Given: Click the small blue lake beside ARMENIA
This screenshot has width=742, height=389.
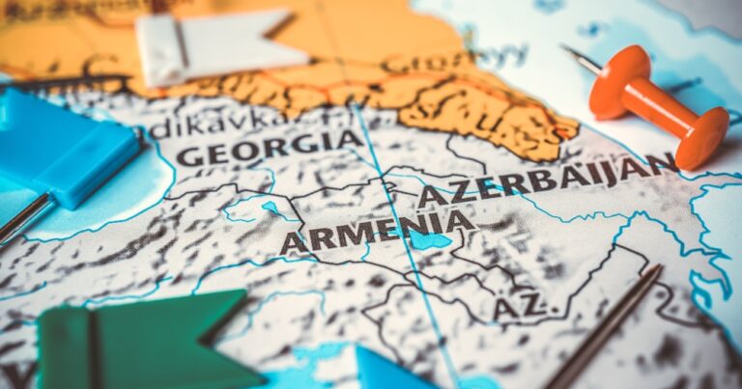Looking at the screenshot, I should pyautogui.click(x=429, y=239).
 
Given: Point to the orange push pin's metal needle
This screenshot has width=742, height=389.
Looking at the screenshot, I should pyautogui.click(x=582, y=59).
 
